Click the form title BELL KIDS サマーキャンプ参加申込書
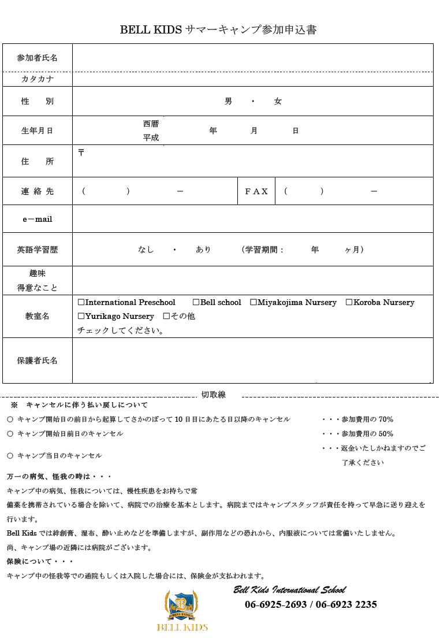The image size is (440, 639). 218,30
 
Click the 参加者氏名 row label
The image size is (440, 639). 38,58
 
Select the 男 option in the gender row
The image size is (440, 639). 228,102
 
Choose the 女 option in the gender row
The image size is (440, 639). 278,102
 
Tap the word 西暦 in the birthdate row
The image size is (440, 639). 151,124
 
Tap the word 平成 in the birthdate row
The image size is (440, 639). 151,138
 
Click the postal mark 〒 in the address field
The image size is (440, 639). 81,153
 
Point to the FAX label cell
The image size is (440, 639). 256,191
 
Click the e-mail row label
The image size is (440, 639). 38,219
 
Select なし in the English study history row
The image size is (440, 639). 146,250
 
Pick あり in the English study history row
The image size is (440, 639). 203,250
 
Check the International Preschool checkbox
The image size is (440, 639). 81,303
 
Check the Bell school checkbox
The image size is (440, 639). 196,303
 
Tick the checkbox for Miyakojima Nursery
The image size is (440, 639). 253,303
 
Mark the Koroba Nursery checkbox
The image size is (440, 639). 349,303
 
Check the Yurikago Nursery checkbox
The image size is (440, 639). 81,317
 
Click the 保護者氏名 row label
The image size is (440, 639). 38,361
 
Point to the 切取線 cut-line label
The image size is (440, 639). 213,395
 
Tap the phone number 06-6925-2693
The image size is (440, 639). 275,605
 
